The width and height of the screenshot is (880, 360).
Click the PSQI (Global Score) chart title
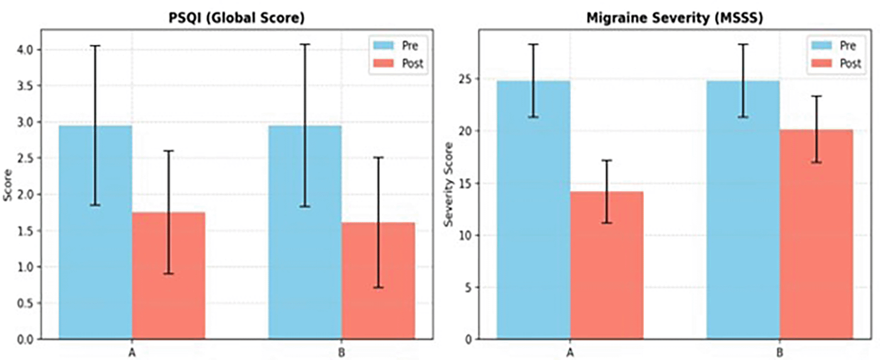point(236,18)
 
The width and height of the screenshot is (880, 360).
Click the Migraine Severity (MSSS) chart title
point(674,18)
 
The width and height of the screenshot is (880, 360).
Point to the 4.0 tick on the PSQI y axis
point(25,50)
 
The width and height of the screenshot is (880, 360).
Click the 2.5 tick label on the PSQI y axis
point(25,158)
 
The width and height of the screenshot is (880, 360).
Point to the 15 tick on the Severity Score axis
point(466,183)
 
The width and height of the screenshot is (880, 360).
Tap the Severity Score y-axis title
point(448,184)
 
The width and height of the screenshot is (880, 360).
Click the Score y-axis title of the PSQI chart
point(8,185)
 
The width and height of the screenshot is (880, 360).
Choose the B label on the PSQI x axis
point(342,353)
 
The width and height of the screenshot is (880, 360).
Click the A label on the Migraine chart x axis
point(570,353)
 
